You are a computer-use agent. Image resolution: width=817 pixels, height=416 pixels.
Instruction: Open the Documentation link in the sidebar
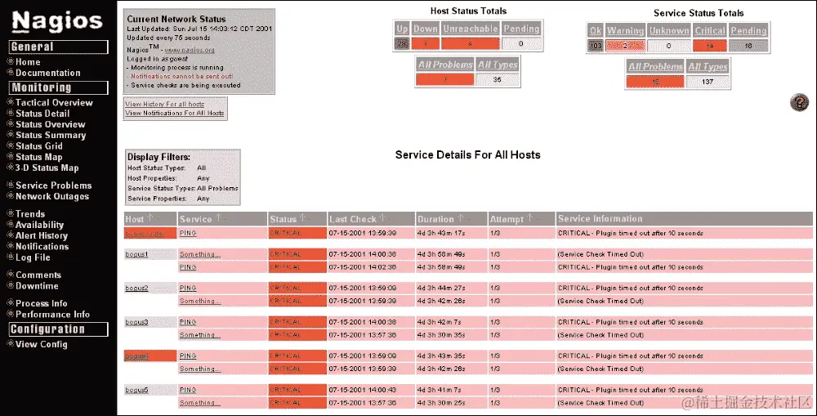click(47, 73)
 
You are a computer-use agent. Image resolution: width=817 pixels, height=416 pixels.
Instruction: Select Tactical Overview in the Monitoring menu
click(54, 103)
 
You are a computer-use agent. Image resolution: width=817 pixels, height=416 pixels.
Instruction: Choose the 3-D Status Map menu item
click(47, 168)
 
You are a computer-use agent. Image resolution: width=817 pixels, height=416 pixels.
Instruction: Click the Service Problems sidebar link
click(53, 186)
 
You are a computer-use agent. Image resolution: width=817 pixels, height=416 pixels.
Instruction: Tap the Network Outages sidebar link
click(52, 196)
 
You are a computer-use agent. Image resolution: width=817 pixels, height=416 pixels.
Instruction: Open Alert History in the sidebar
click(42, 235)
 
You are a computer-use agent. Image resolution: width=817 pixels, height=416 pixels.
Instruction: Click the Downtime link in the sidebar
click(37, 286)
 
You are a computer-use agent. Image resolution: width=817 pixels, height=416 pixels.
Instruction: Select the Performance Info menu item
click(52, 314)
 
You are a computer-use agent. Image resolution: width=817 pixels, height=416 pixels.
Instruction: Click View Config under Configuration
click(41, 344)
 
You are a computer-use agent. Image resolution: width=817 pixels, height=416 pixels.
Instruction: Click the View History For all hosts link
click(164, 105)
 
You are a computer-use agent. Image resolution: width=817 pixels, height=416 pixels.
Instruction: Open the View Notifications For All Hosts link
click(174, 113)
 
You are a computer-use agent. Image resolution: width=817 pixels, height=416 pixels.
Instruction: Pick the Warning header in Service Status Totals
click(625, 31)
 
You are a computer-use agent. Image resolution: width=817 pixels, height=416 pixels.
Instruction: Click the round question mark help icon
click(799, 102)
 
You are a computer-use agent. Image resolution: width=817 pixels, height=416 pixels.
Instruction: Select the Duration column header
click(435, 219)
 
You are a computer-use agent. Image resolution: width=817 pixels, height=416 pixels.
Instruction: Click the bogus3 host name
click(136, 322)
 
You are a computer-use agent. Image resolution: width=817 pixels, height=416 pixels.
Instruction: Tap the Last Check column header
click(352, 219)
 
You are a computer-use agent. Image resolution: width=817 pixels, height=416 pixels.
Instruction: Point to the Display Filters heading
click(158, 157)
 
